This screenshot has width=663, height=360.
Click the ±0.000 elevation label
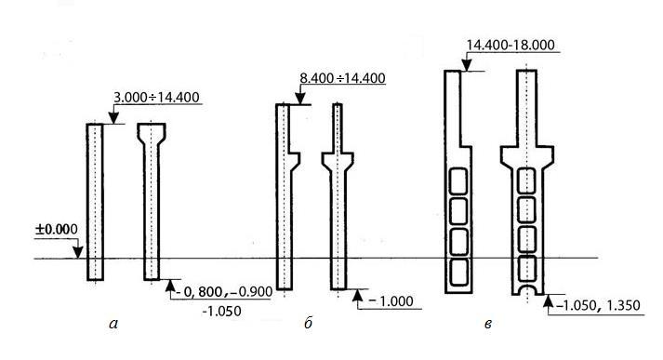[x=56, y=230]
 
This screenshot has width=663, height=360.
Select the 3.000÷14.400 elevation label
[x=156, y=98]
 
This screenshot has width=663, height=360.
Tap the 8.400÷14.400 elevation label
[x=342, y=78]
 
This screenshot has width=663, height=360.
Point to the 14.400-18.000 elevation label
[x=511, y=45]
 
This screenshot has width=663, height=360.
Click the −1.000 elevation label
[x=391, y=301]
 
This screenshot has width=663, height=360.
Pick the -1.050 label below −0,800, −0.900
[x=221, y=312]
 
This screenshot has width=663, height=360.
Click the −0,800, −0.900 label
[x=223, y=292]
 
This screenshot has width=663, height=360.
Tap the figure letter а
[x=113, y=324]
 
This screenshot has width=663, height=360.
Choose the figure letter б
[x=308, y=323]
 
